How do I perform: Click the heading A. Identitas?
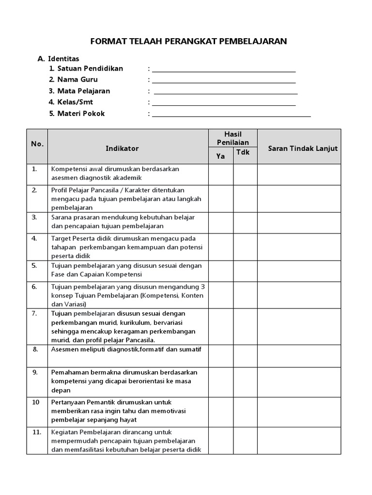[x=59, y=58]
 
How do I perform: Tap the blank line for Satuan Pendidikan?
[x=224, y=71]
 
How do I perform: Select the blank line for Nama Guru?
[x=224, y=82]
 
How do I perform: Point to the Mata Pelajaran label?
[x=83, y=91]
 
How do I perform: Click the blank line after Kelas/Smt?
[x=224, y=104]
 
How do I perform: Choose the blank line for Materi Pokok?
[x=232, y=116]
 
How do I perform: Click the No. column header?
[x=37, y=144]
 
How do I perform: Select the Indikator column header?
[x=122, y=148]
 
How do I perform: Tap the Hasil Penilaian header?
[x=233, y=138]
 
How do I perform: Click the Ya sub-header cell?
[x=221, y=156]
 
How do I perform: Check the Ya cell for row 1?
[x=221, y=175]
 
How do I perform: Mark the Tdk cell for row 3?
[x=245, y=222]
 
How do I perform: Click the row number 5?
[x=35, y=265]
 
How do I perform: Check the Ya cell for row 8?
[x=221, y=356]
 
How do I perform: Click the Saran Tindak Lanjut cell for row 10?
[x=299, y=412]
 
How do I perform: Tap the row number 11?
[x=37, y=432]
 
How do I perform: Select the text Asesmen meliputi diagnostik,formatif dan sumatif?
[x=126, y=349]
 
